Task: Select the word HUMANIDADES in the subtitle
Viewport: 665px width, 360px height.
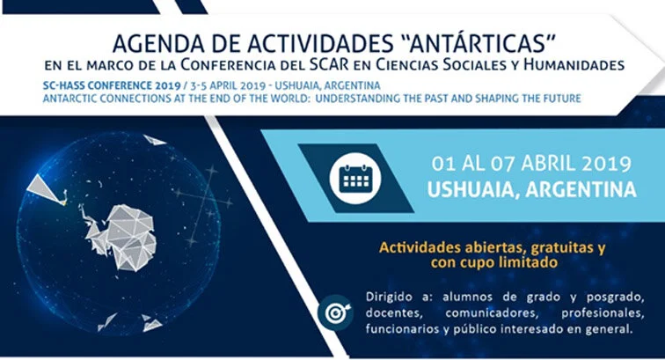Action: (x=572, y=65)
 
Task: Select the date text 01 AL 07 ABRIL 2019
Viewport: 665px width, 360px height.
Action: (x=531, y=164)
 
